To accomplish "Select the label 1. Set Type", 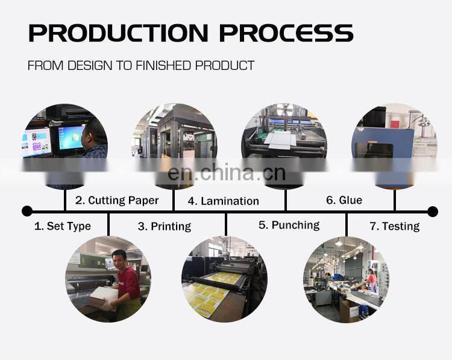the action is point(62,226).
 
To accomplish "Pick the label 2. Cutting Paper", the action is point(117,200).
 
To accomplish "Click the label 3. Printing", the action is point(164,226).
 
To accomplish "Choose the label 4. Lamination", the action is point(223,201).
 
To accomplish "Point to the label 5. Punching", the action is point(289,225).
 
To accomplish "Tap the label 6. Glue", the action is point(344,200).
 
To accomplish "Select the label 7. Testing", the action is point(394,226).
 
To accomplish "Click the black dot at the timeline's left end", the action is point(27,211).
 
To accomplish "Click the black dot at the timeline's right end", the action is point(433,211).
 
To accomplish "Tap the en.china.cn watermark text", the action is point(226,173).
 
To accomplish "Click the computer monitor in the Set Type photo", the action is point(71,137).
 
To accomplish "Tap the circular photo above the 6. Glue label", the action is point(395,145).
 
